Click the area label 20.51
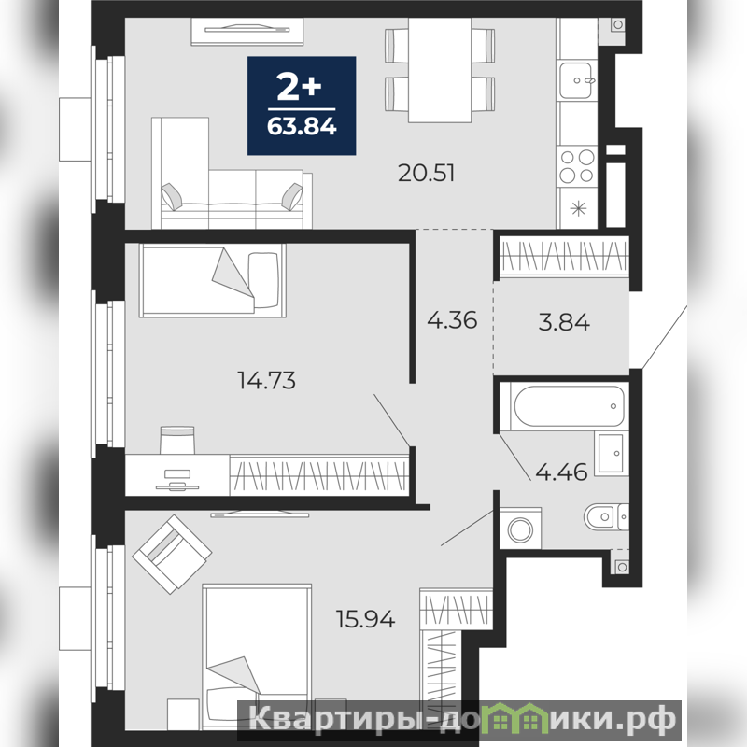pyautogui.click(x=427, y=173)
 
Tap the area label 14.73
pyautogui.click(x=266, y=381)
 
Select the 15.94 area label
pyautogui.click(x=366, y=619)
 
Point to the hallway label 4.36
pyautogui.click(x=452, y=320)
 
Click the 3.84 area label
pyautogui.click(x=564, y=322)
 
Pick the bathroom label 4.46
pyautogui.click(x=562, y=472)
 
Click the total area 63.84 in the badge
pyautogui.click(x=302, y=127)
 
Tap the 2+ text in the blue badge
pyautogui.click(x=300, y=89)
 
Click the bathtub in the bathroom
pyautogui.click(x=569, y=406)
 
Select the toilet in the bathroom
pyautogui.click(x=606, y=516)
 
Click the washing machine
pyautogui.click(x=520, y=529)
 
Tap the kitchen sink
pyautogui.click(x=577, y=80)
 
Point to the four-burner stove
pyautogui.click(x=577, y=166)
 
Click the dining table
pyautogui.click(x=440, y=71)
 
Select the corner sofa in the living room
pyautogui.click(x=232, y=174)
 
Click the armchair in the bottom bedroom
pyautogui.click(x=172, y=554)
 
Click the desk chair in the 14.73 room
pyautogui.click(x=177, y=440)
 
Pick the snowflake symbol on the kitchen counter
pyautogui.click(x=578, y=207)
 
